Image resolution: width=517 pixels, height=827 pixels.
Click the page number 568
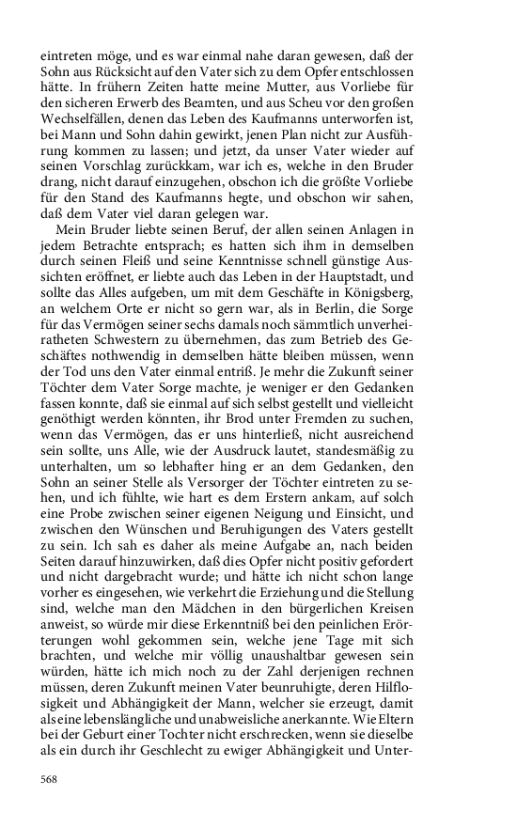click(x=50, y=779)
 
